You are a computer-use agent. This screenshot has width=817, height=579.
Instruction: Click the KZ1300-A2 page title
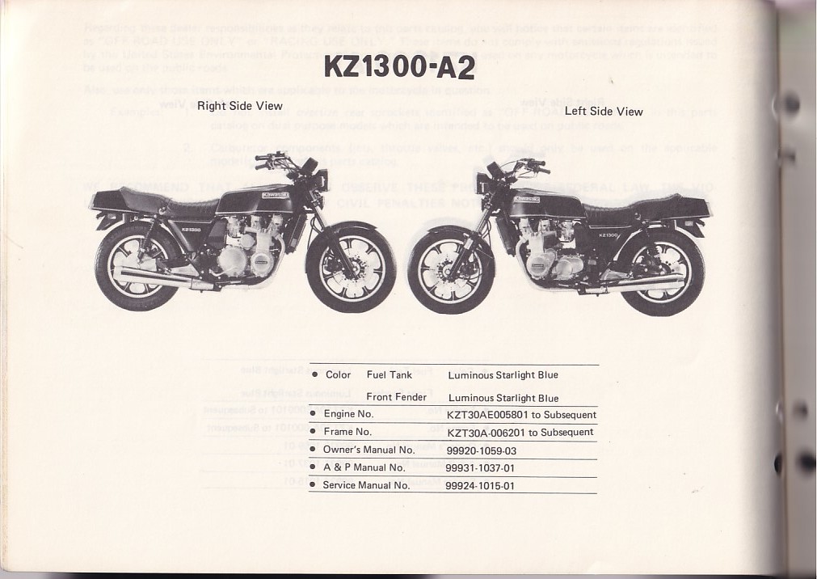coord(399,66)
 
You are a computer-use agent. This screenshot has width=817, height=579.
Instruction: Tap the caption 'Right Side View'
coord(240,106)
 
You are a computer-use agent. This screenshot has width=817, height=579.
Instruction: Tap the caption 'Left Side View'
coord(604,112)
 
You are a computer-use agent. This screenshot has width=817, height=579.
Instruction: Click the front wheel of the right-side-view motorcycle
coord(351,268)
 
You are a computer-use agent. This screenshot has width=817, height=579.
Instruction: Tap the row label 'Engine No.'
coord(348,414)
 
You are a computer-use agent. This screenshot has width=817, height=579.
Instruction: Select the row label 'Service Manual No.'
coord(366,485)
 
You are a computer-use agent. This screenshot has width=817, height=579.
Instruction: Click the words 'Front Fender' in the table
coord(396,397)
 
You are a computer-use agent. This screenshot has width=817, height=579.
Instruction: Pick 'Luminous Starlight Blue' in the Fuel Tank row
coord(503,375)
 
